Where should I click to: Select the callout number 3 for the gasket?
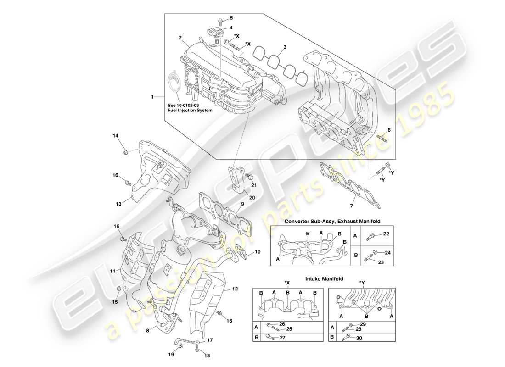(285, 47)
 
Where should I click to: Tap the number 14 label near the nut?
(116, 135)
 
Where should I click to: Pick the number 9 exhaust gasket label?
(242, 204)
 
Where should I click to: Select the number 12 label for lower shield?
(235, 289)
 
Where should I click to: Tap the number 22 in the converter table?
(386, 234)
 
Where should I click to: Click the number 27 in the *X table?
(282, 338)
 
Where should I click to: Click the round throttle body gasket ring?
(174, 83)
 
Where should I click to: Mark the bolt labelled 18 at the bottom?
(197, 349)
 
